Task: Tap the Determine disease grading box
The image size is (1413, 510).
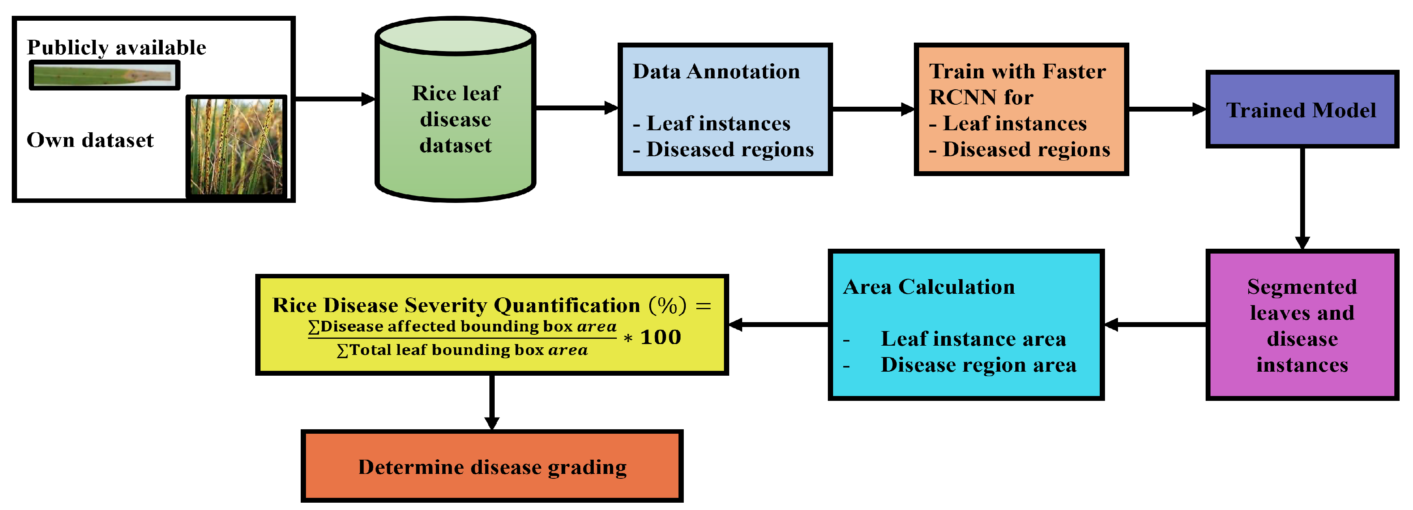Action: pyautogui.click(x=491, y=466)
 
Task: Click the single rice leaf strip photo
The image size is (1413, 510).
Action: pyautogui.click(x=104, y=75)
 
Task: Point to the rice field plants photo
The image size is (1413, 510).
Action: pyautogui.click(x=237, y=146)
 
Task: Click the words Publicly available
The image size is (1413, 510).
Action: pyautogui.click(x=116, y=48)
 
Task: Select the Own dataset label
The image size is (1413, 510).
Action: pyautogui.click(x=90, y=140)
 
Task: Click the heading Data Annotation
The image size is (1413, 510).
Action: pyautogui.click(x=716, y=71)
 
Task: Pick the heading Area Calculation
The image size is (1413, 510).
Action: pyautogui.click(x=928, y=287)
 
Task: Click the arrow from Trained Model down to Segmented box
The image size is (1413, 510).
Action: pyautogui.click(x=1302, y=198)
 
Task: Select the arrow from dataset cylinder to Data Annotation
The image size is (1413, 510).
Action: pyautogui.click(x=576, y=108)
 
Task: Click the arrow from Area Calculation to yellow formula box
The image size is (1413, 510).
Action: pyautogui.click(x=779, y=325)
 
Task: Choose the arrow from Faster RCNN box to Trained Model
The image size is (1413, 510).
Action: pyautogui.click(x=1166, y=109)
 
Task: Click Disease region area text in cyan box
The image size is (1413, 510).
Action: pyautogui.click(x=978, y=365)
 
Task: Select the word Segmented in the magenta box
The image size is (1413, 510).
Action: pyautogui.click(x=1302, y=287)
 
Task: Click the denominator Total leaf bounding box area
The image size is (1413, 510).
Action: pyautogui.click(x=462, y=350)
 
